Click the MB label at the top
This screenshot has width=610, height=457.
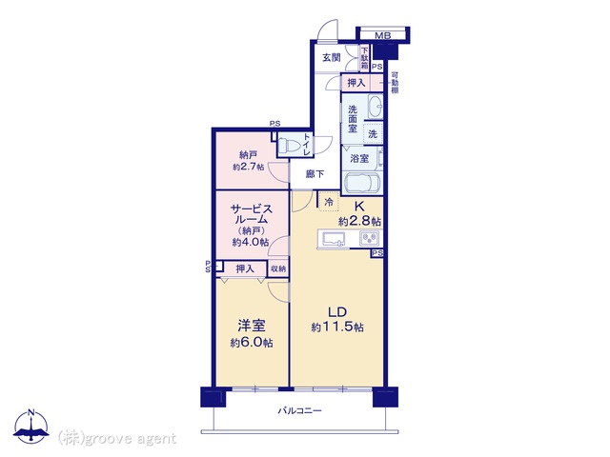click(382, 36)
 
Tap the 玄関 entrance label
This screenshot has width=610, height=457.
click(332, 57)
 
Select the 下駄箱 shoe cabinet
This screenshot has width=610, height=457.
click(364, 58)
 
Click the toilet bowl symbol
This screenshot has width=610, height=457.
click(289, 146)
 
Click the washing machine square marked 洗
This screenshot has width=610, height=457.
click(373, 134)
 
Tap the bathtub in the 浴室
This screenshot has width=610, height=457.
click(361, 183)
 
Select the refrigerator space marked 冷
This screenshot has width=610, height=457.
click(329, 202)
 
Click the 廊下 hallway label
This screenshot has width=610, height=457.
click(315, 174)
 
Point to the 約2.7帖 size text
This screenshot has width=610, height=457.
click(248, 168)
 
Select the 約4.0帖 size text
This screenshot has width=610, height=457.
click(251, 242)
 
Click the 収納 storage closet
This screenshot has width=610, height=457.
click(278, 268)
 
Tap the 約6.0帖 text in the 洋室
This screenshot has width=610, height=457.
click(252, 343)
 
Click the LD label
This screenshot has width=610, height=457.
click(337, 312)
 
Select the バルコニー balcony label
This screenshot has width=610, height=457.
click(299, 410)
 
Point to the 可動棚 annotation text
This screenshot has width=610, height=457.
click(395, 83)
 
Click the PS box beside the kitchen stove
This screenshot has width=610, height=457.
click(377, 253)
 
